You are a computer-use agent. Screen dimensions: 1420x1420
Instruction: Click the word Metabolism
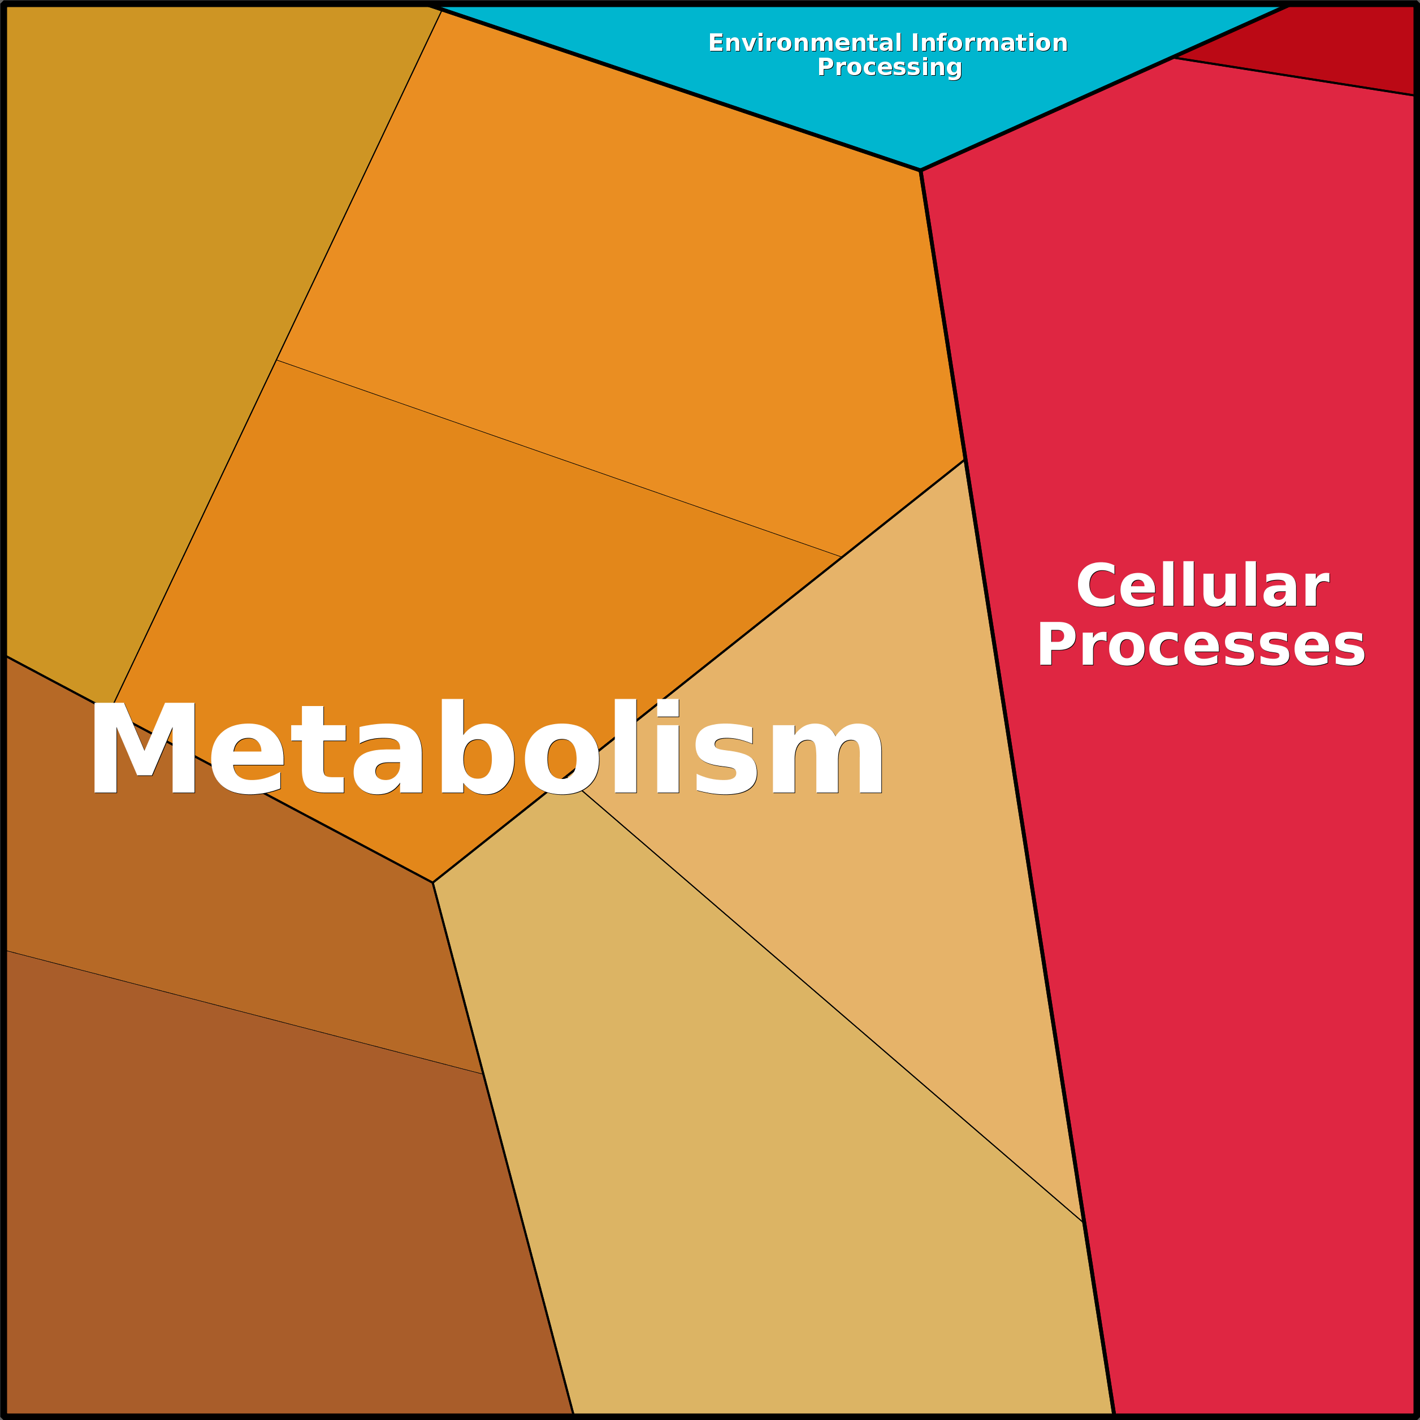486,746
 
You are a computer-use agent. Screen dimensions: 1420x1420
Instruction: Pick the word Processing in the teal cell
889,67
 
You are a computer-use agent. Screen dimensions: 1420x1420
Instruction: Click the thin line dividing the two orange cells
559,458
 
